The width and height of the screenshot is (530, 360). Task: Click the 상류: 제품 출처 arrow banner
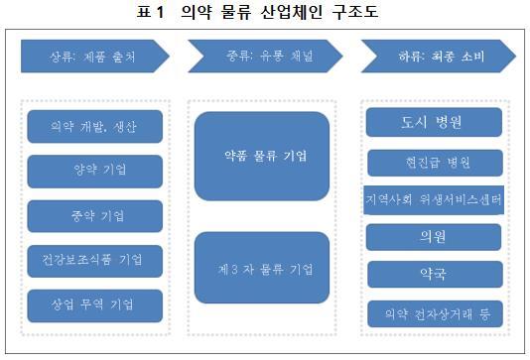coord(91,57)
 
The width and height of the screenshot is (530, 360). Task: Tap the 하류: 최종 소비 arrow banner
coord(437,57)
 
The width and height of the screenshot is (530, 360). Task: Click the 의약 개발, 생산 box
coord(94,127)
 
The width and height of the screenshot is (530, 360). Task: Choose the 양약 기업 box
coord(94,171)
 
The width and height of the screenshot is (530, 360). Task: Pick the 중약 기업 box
coord(94,215)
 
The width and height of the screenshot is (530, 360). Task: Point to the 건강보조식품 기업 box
coord(94,260)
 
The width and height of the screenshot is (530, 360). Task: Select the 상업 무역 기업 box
coord(94,304)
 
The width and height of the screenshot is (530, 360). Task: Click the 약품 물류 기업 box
coord(261,156)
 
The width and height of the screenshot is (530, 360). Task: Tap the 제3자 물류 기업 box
coord(261,268)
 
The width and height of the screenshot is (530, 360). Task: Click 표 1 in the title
coord(159,13)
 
